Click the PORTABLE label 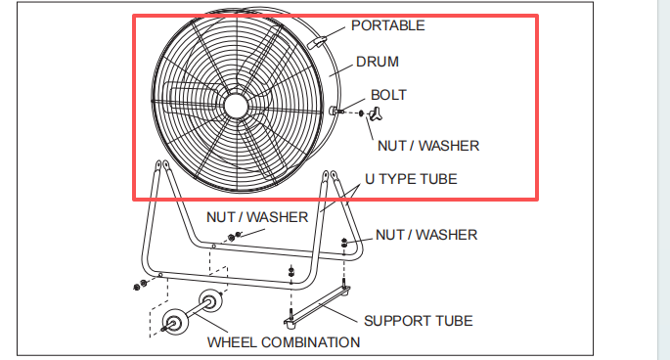pyautogui.click(x=388, y=25)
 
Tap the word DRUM pyautogui.click(x=378, y=62)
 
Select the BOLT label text pyautogui.click(x=388, y=95)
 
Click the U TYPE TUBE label pyautogui.click(x=411, y=179)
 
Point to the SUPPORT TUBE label pyautogui.click(x=419, y=321)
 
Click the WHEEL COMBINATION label pyautogui.click(x=284, y=342)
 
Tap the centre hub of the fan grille pyautogui.click(x=236, y=106)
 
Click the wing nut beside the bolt pyautogui.click(x=376, y=113)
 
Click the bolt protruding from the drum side pyautogui.click(x=336, y=111)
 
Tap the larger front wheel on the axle pyautogui.click(x=175, y=322)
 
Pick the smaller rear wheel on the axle pyautogui.click(x=210, y=302)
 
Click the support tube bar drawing pyautogui.click(x=317, y=306)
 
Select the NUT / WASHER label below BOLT pyautogui.click(x=428, y=146)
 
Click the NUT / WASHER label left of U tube pyautogui.click(x=257, y=217)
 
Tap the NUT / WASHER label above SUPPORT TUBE pyautogui.click(x=426, y=235)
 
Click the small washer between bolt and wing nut pyautogui.click(x=361, y=113)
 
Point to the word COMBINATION pyautogui.click(x=311, y=342)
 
